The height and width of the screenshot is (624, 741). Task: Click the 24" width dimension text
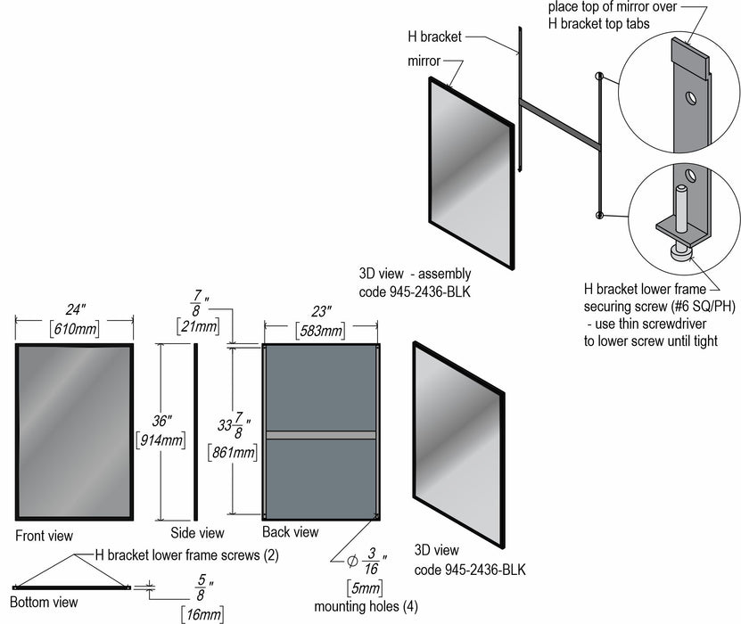coord(74,311)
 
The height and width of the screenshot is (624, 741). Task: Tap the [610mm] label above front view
coord(74,329)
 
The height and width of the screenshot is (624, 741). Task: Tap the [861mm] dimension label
coord(233,452)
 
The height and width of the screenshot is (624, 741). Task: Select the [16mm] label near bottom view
coord(202,613)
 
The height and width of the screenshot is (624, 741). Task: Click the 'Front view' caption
coord(44,536)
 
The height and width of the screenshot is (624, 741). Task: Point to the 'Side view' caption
coord(197,533)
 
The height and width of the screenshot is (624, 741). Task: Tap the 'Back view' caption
coord(290,532)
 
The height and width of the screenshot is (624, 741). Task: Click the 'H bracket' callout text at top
coord(433,37)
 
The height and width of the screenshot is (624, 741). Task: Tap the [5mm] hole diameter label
coord(365,587)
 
